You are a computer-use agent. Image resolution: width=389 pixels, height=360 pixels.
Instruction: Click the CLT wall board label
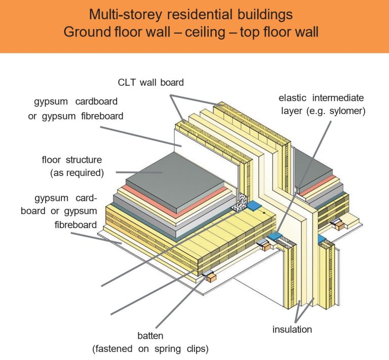coord(150,82)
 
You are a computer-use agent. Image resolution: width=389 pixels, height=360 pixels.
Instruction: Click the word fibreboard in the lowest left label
coord(76,224)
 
